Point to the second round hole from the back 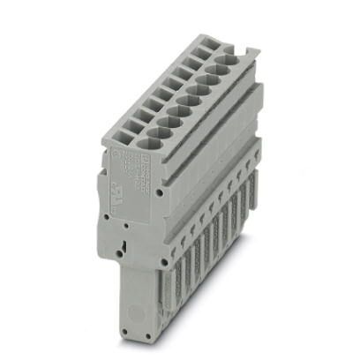click(x=221, y=69)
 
